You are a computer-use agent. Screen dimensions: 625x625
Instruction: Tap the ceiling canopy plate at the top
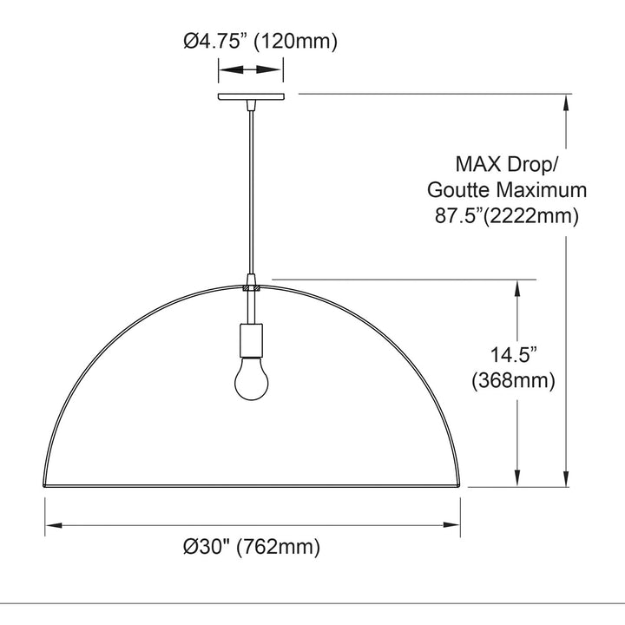pos(251,96)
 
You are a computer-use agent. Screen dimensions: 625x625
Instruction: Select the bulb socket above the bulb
pos(251,340)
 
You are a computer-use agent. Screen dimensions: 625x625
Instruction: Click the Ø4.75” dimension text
pos(214,41)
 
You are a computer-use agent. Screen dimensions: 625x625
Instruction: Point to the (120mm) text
pos(295,42)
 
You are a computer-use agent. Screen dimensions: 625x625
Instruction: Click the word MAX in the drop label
pos(478,164)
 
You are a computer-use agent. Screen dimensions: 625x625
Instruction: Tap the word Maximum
pos(541,190)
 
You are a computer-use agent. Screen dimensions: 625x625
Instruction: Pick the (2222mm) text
pos(530,217)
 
